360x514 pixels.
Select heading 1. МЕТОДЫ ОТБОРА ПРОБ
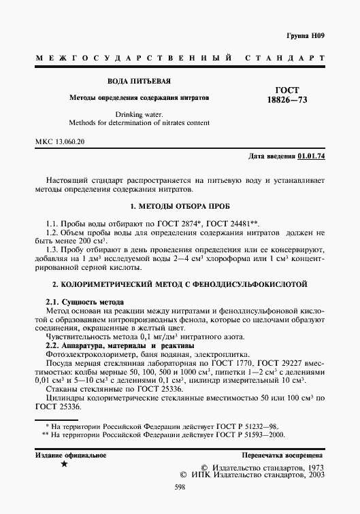coord(179,206)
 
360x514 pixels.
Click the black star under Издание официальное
coord(64,464)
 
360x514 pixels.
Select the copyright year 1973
coord(310,468)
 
